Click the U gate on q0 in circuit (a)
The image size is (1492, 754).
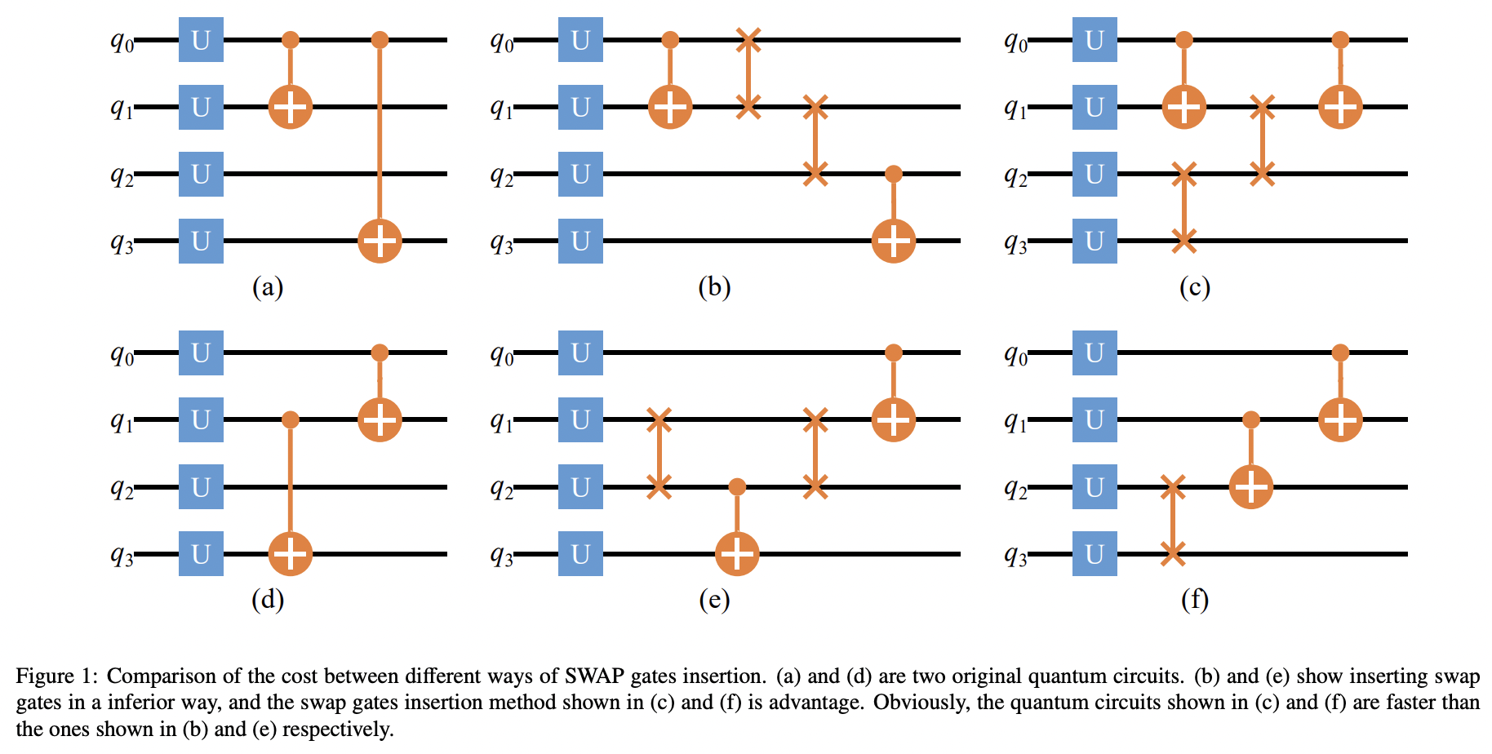(x=201, y=40)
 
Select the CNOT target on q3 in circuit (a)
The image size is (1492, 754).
(x=380, y=241)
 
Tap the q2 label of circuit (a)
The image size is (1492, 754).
(x=122, y=175)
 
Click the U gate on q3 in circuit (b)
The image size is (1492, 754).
(x=580, y=241)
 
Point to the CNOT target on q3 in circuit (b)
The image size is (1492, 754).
(x=894, y=241)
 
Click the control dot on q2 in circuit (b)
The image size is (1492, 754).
(x=894, y=174)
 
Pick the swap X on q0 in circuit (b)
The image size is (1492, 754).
(x=748, y=40)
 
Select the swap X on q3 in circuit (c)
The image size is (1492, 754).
(x=1184, y=241)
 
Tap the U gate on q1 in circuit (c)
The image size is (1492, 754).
(x=1095, y=107)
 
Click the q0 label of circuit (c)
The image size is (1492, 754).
(x=1015, y=42)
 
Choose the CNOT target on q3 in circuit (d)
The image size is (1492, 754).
(x=291, y=554)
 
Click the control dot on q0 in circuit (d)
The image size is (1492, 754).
(x=380, y=353)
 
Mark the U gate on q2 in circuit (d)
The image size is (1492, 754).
(x=201, y=487)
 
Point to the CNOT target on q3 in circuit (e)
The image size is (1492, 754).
(x=737, y=554)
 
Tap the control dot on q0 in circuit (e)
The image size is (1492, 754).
(x=894, y=353)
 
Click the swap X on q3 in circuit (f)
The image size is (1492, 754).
(x=1173, y=554)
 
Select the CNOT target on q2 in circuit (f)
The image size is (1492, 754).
(x=1251, y=487)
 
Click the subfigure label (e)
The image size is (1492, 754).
(x=714, y=600)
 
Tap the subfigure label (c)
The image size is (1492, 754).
(x=1194, y=287)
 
